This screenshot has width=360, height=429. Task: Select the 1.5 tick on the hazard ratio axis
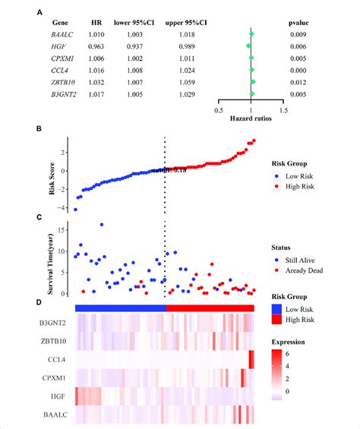283,111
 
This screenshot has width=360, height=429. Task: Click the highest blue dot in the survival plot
103,225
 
